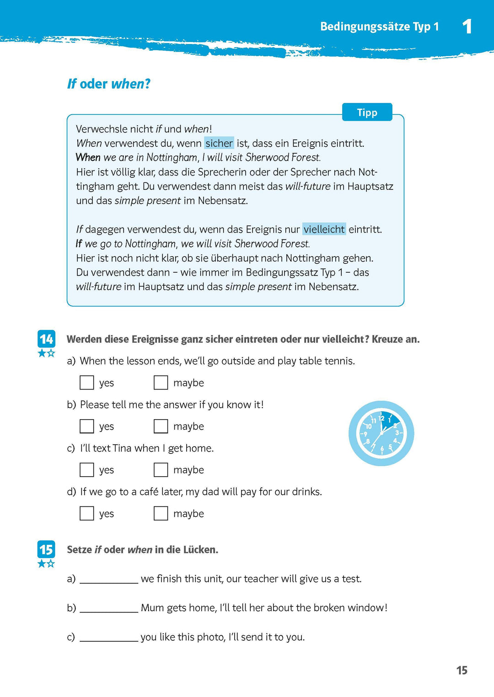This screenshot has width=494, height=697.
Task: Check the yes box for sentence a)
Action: click(x=87, y=383)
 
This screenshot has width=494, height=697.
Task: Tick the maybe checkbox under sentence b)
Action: click(x=161, y=426)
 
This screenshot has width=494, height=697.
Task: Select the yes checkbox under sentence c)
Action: click(x=87, y=470)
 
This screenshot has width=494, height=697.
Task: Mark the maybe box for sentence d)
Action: click(x=161, y=513)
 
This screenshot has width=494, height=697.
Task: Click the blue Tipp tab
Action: click(x=367, y=112)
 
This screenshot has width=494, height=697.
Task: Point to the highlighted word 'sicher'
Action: click(x=219, y=143)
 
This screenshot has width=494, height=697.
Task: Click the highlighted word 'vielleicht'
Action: click(x=324, y=229)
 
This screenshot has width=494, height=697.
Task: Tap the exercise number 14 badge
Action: click(x=46, y=339)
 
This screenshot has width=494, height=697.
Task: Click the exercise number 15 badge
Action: click(x=46, y=549)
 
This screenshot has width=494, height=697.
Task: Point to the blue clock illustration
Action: click(x=381, y=433)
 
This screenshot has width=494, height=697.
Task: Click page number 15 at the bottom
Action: click(x=462, y=670)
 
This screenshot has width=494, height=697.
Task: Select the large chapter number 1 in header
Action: click(x=467, y=27)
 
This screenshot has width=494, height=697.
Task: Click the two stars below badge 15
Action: click(x=46, y=564)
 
